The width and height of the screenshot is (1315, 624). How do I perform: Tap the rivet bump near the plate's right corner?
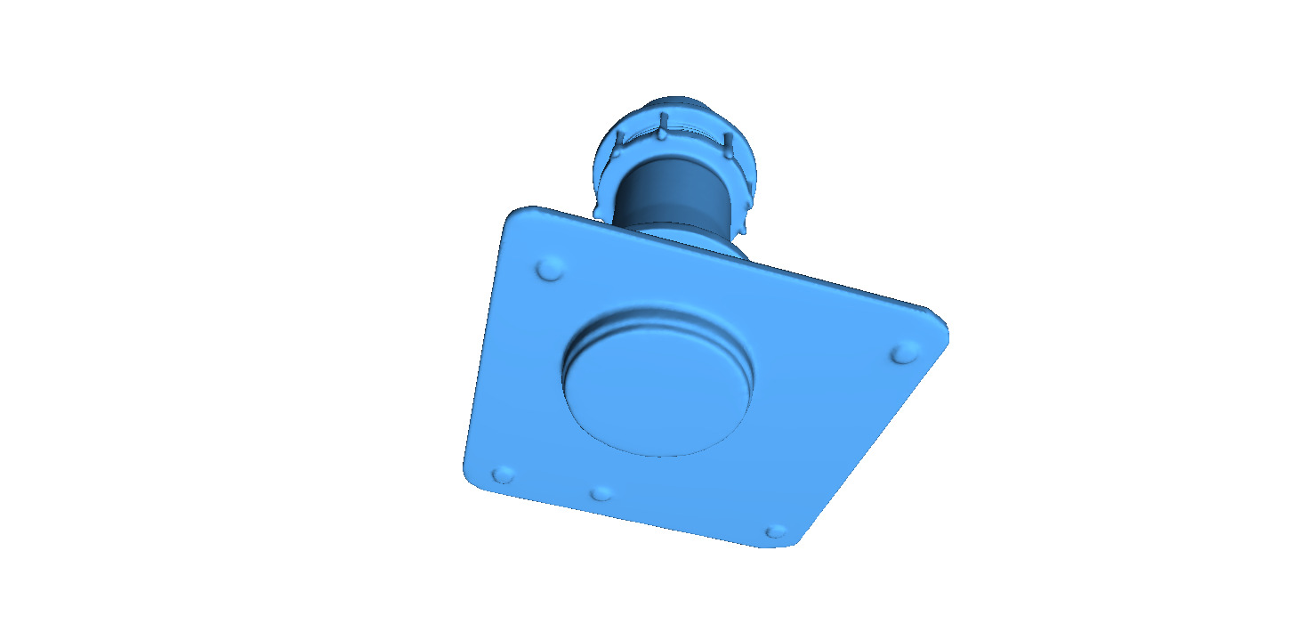pos(905,354)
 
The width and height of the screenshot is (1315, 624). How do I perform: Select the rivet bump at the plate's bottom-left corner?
pos(504,474)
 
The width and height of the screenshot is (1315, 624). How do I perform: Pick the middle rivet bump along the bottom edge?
pos(602,493)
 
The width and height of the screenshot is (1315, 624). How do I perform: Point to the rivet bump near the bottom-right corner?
pos(776,531)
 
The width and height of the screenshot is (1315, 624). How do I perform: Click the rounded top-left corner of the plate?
pos(521,216)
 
